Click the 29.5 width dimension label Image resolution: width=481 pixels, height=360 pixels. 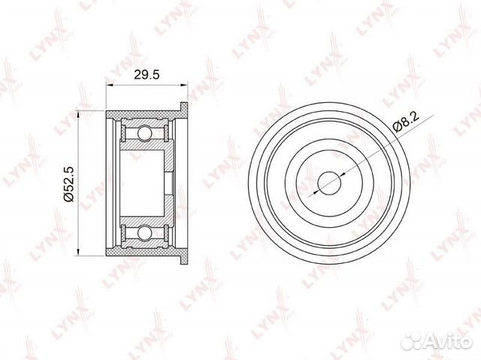147,74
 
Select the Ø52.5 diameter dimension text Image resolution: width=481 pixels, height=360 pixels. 68,183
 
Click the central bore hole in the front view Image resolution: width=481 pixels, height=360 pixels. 329,183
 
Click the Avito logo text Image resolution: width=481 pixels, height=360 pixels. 454,341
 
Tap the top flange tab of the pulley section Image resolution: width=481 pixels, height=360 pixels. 183,110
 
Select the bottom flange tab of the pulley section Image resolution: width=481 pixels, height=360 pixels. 183,256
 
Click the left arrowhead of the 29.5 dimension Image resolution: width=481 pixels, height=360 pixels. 109,85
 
